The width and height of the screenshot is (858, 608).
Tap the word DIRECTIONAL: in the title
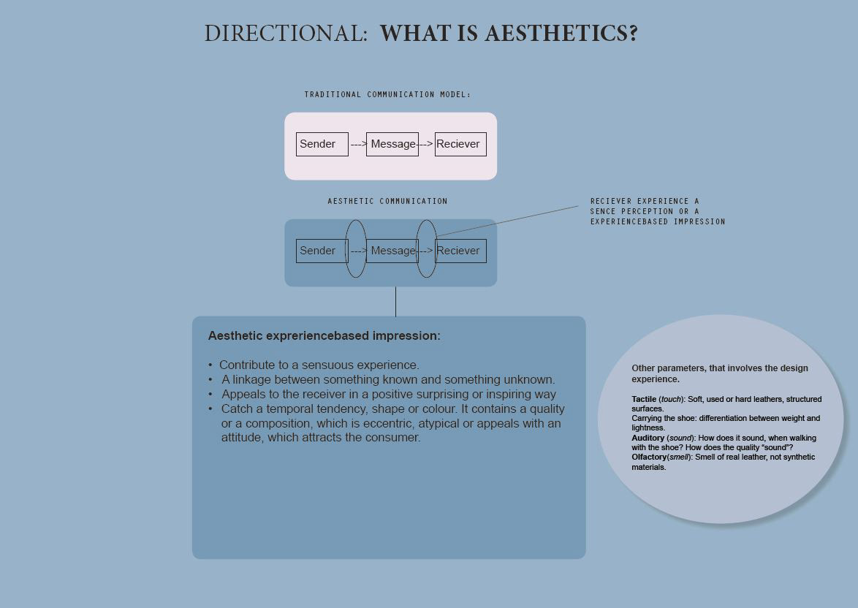285,34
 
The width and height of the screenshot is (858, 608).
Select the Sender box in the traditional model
322,144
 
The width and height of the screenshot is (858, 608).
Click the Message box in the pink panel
392,144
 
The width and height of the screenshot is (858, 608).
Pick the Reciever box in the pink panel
460,144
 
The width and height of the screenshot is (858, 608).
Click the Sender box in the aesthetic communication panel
320,251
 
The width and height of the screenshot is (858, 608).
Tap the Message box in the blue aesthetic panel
392,251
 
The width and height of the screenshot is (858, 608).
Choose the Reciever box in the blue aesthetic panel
460,251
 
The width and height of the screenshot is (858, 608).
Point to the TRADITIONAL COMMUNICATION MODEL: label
387,94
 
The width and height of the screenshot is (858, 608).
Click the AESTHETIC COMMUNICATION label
387,201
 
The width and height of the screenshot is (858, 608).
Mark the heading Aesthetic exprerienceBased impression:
324,336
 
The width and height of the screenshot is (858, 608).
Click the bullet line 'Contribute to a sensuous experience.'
319,365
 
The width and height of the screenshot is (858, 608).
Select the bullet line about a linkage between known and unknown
388,379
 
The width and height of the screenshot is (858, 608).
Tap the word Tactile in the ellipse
644,399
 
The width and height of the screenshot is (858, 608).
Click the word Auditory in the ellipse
648,438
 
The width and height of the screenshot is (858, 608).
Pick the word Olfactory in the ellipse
649,457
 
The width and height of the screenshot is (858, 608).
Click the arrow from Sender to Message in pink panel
358,144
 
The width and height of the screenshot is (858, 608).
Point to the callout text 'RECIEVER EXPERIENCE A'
645,201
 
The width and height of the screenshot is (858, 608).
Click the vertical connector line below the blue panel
395,301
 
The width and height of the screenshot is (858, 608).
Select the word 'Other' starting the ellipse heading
643,368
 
